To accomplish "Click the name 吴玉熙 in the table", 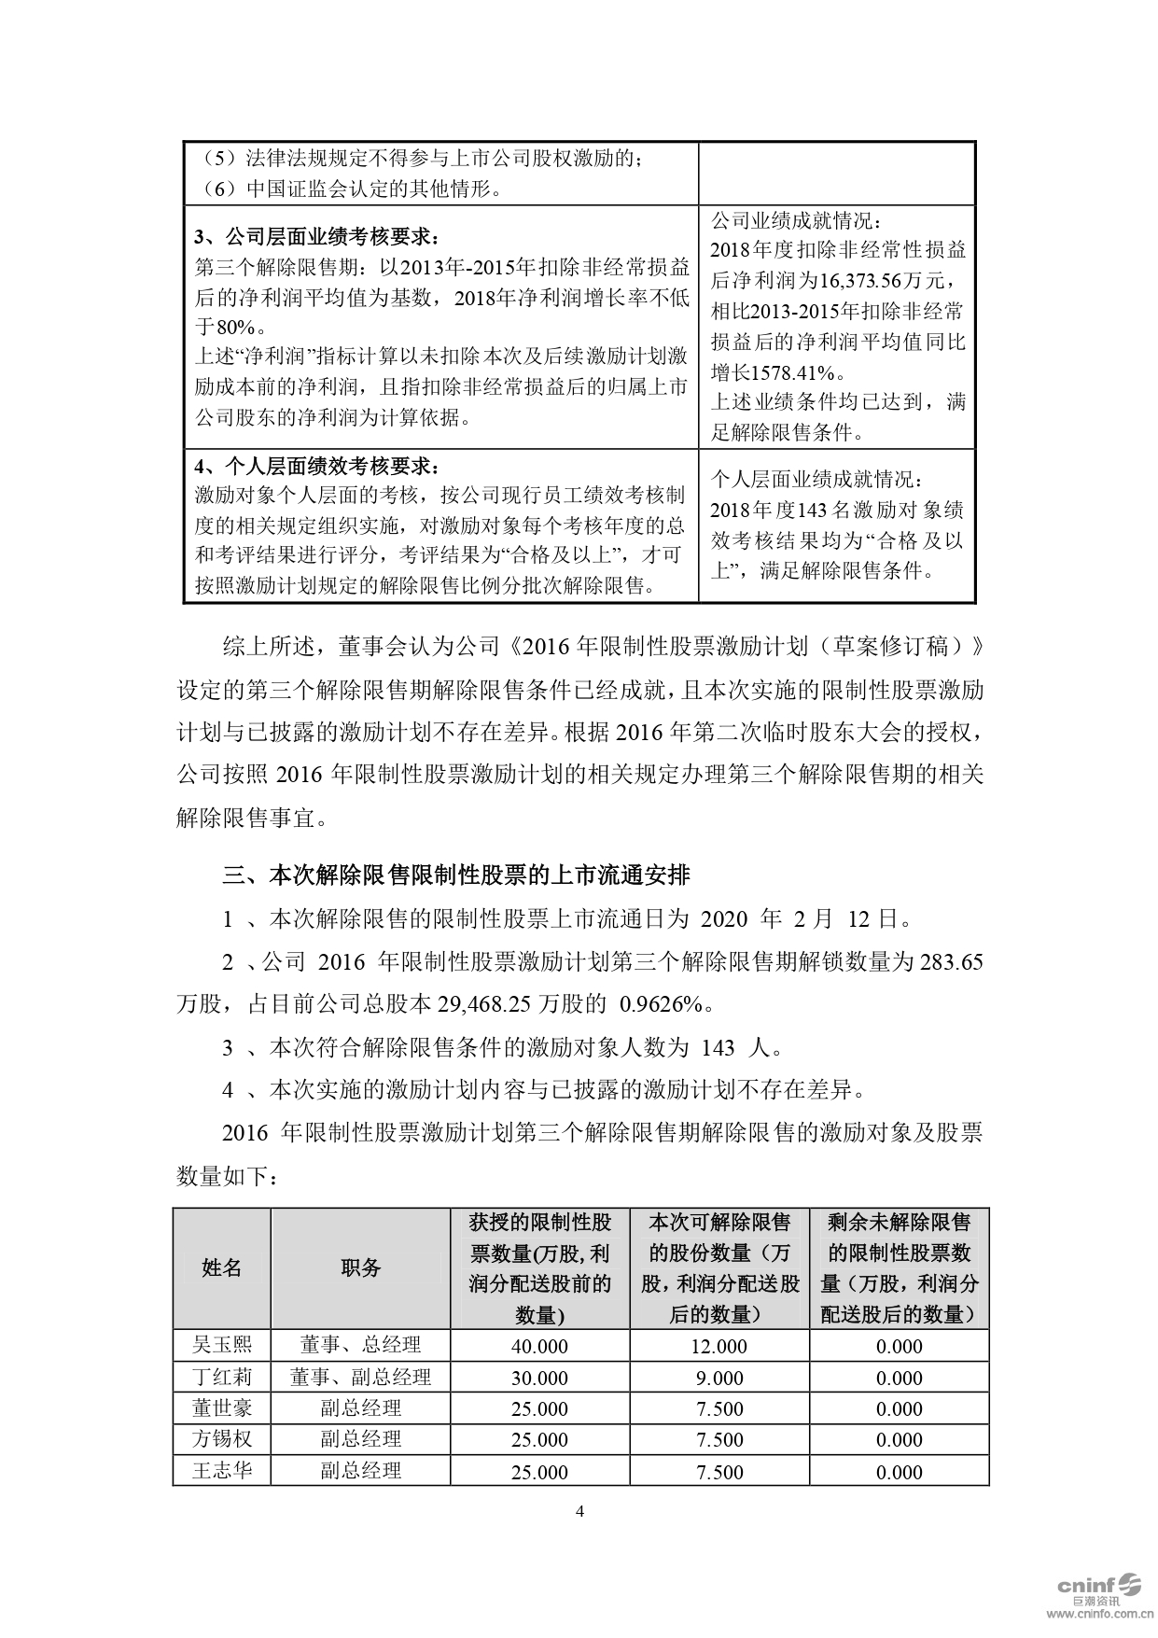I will click(x=221, y=1345).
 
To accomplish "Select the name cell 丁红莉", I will click(x=221, y=1377).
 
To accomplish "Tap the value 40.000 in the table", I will click(x=539, y=1346).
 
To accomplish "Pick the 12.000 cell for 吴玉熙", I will click(x=719, y=1346).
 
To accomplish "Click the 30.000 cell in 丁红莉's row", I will click(x=539, y=1378).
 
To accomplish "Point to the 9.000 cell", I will click(x=719, y=1378).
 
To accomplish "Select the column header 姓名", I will click(x=221, y=1267).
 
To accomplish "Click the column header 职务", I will click(x=360, y=1267).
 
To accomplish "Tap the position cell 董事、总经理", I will click(x=360, y=1345).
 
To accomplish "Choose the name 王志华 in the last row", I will click(x=221, y=1471).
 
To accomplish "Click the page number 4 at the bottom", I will click(x=579, y=1511).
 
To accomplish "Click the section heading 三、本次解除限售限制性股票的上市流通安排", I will click(x=456, y=875).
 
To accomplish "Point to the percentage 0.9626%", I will click(x=665, y=1004).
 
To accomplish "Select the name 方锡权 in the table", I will click(x=221, y=1439).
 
